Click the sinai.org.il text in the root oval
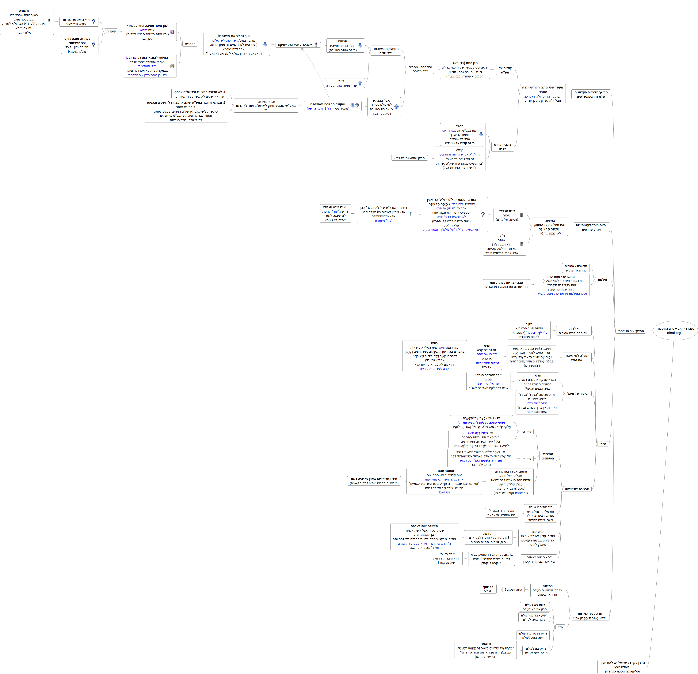675,333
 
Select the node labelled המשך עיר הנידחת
631,331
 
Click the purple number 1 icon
172,32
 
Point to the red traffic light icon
521,215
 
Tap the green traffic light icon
521,244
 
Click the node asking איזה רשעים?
513,590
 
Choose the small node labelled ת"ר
560,627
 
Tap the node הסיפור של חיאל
578,394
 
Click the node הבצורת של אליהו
577,489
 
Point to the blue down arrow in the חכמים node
360,45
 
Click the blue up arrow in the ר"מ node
360,83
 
